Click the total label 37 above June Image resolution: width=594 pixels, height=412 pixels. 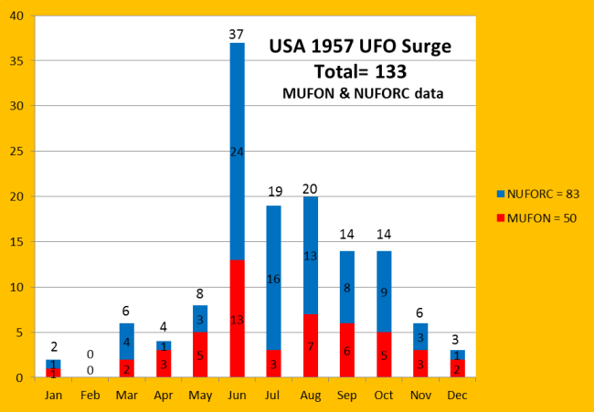238,35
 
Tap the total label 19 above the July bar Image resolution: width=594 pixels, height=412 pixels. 275,192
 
